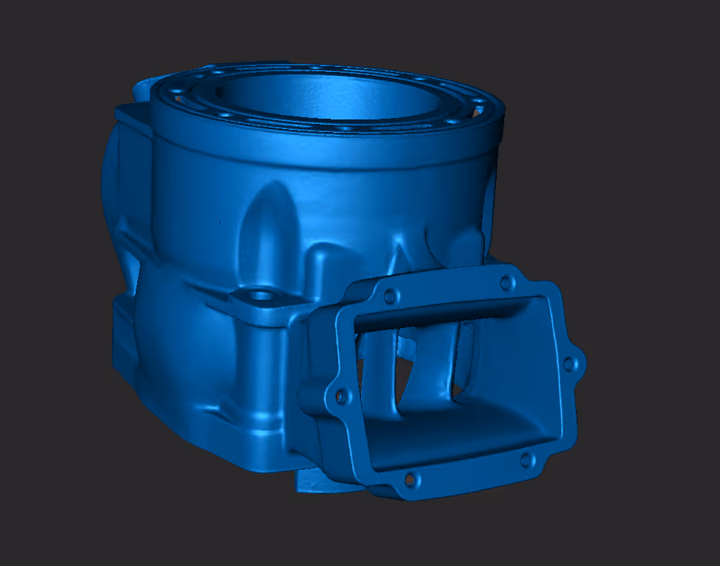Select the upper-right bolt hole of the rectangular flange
coord(507,283)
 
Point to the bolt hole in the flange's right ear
coord(569,364)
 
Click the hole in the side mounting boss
coord(261,295)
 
